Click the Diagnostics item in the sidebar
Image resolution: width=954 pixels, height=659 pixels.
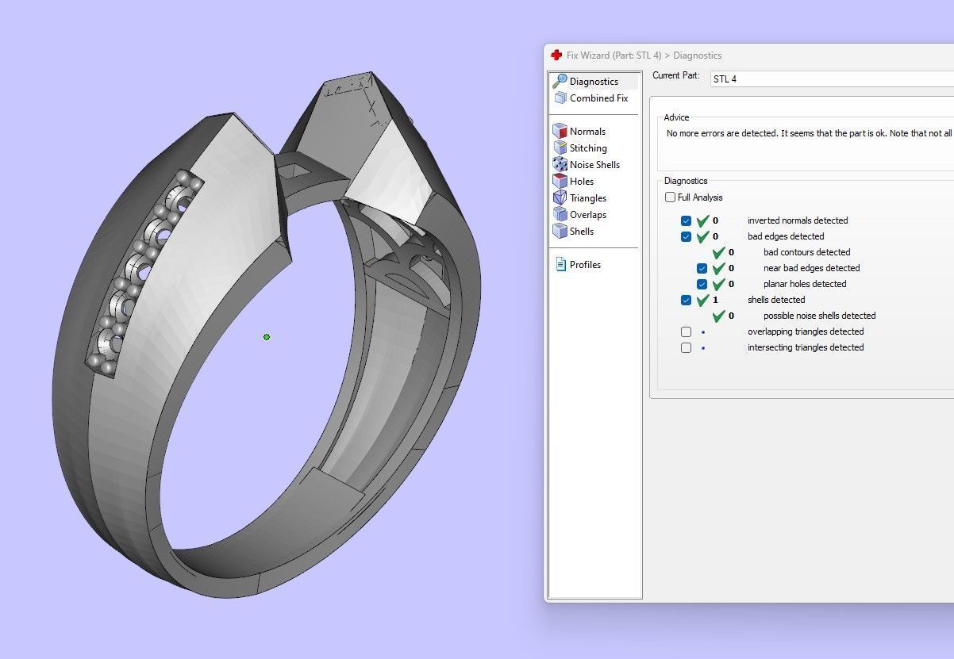pyautogui.click(x=593, y=82)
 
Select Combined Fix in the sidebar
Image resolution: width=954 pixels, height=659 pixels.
pyautogui.click(x=598, y=98)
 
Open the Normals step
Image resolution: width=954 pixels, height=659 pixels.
pyautogui.click(x=587, y=132)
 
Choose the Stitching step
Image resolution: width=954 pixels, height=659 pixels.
pyautogui.click(x=587, y=148)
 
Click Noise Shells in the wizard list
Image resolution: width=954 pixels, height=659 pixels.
pyautogui.click(x=594, y=165)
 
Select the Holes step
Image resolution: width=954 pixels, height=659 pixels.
pyautogui.click(x=581, y=182)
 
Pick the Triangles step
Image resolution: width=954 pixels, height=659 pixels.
pyautogui.click(x=587, y=198)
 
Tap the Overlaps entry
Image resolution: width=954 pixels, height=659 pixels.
pyautogui.click(x=587, y=215)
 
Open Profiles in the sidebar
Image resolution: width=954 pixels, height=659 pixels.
pyautogui.click(x=584, y=265)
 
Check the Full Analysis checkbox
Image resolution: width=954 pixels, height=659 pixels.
pyautogui.click(x=671, y=197)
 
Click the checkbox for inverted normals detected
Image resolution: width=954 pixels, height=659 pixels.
pyautogui.click(x=687, y=220)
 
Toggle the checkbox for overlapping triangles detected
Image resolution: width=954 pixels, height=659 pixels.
pyautogui.click(x=687, y=331)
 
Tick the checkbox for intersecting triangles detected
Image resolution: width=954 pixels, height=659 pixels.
pyautogui.click(x=687, y=347)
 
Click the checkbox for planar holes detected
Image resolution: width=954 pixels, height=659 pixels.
pyautogui.click(x=702, y=284)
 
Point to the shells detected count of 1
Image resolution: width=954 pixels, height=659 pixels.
pyautogui.click(x=715, y=300)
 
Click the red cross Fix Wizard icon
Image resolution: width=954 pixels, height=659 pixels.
pyautogui.click(x=556, y=56)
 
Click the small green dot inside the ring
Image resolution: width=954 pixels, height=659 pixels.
pyautogui.click(x=267, y=337)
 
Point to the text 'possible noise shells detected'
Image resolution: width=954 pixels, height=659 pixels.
pyautogui.click(x=819, y=316)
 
